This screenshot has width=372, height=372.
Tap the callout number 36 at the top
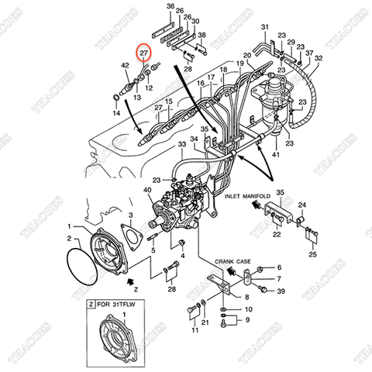coord(170,6)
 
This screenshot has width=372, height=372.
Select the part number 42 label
coord(126,67)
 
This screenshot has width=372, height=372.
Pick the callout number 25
coord(312,254)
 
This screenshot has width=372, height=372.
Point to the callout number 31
coord(263,28)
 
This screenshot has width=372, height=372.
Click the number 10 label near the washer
coord(248,309)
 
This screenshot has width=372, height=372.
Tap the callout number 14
coord(116,113)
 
